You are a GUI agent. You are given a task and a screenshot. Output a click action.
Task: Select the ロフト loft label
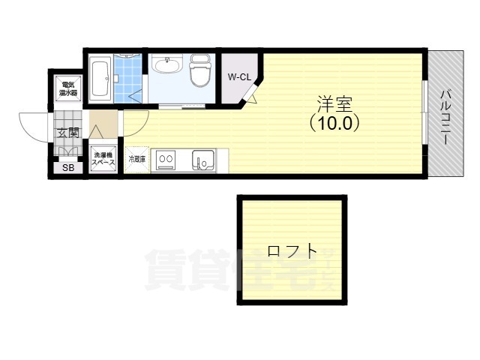tap(291, 251)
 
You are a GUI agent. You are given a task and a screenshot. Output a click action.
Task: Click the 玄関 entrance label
tap(67, 133)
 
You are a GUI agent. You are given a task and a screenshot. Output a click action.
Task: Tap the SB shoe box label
tap(68, 167)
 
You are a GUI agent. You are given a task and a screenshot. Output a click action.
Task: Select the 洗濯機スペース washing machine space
tap(104, 159)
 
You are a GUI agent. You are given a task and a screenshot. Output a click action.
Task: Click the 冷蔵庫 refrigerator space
tap(137, 160)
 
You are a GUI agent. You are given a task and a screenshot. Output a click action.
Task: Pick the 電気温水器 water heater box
tap(68, 89)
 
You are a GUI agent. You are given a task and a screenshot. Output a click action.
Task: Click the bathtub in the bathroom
tap(101, 78)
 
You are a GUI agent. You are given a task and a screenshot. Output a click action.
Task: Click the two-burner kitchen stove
tap(166, 159)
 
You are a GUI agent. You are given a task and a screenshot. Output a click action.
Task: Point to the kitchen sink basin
tap(202, 159)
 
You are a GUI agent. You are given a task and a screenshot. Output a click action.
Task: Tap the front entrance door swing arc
tap(34, 126)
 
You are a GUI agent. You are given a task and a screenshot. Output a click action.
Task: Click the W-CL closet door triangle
tap(251, 94)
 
